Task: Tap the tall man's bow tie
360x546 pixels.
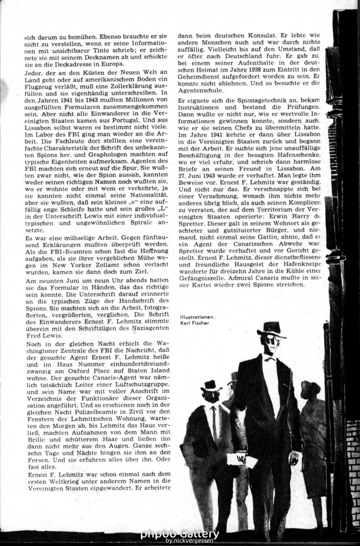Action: (270, 358)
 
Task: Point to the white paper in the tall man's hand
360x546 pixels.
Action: (237, 460)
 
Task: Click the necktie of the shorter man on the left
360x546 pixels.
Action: (214, 423)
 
